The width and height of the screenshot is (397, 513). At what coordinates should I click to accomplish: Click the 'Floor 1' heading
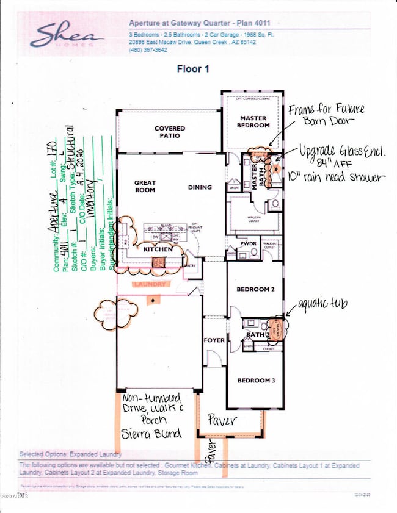click(193, 69)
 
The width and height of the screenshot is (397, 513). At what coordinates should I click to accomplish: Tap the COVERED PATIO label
click(169, 132)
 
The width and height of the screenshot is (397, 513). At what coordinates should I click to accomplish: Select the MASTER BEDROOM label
click(254, 121)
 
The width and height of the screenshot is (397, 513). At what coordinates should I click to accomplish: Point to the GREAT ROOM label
click(145, 186)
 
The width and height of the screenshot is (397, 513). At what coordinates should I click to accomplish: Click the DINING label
click(200, 187)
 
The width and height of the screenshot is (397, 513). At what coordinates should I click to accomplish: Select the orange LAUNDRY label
click(150, 284)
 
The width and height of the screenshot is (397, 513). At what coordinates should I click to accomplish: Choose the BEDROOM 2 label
click(256, 290)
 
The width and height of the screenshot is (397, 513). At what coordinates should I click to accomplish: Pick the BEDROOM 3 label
click(256, 381)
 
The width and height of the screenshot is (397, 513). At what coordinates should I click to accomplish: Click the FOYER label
click(214, 340)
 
